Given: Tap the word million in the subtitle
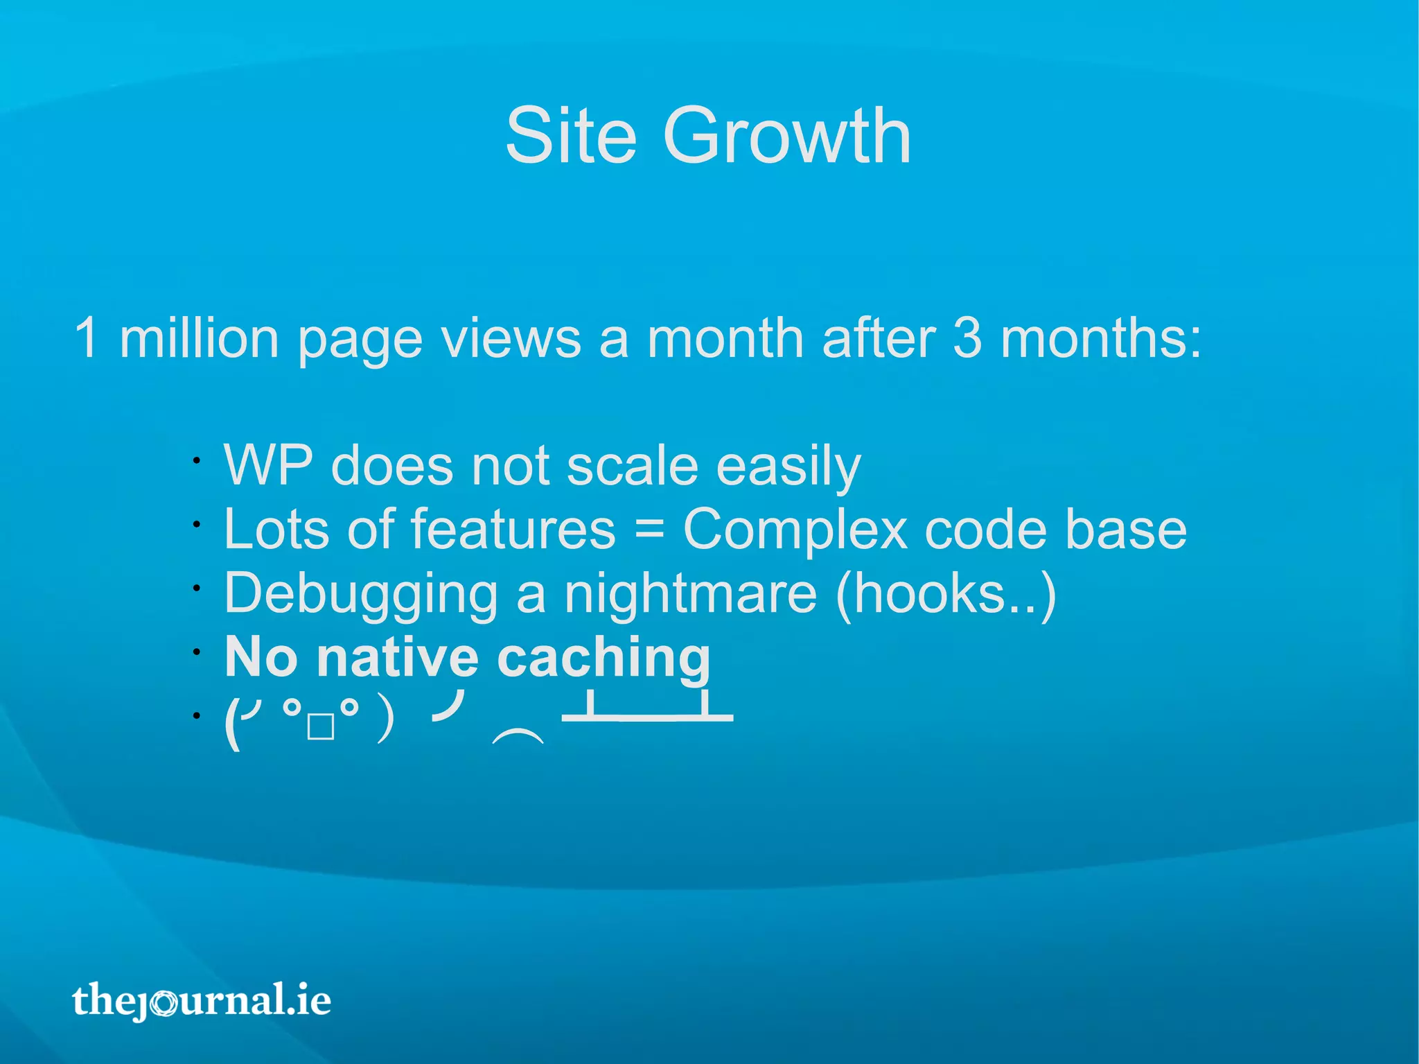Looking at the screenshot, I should coord(199,338).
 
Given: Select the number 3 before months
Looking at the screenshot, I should coord(967,338).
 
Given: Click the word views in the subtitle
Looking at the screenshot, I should coord(511,338).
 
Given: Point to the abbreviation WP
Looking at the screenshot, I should coord(268,465).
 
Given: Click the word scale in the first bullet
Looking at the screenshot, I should coord(632,465).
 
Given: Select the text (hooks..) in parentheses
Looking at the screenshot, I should coord(946,593).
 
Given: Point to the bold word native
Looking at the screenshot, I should coord(397,657).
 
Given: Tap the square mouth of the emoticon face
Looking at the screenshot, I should coord(321,728).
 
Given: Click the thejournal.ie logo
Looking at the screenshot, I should coord(202,1000).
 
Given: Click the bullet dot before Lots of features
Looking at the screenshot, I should coord(197,525).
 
